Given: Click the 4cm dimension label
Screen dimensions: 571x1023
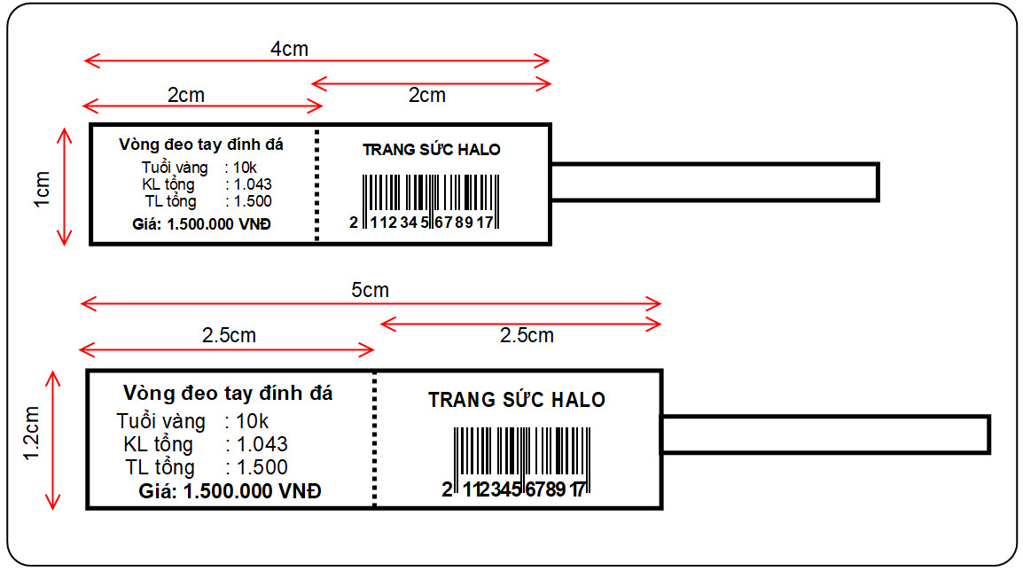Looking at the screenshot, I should click(x=289, y=49).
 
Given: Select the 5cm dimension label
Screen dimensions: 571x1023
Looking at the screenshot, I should click(x=370, y=290).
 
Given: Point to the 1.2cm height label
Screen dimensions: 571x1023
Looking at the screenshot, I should click(x=33, y=434).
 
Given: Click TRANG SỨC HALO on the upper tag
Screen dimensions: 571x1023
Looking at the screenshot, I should click(x=432, y=150).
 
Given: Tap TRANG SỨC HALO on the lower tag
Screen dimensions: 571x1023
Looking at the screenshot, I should click(x=517, y=400).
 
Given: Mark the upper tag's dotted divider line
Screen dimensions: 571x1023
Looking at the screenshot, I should click(x=316, y=184).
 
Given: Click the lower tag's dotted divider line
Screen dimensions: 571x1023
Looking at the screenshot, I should click(x=375, y=439).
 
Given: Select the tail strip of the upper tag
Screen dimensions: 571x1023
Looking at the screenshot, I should click(x=715, y=182).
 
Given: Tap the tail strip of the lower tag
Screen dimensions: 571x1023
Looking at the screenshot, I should click(x=825, y=434).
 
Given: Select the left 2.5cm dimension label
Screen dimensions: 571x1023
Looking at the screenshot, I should click(x=229, y=335).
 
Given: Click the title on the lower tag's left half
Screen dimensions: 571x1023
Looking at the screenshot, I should click(x=229, y=393).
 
